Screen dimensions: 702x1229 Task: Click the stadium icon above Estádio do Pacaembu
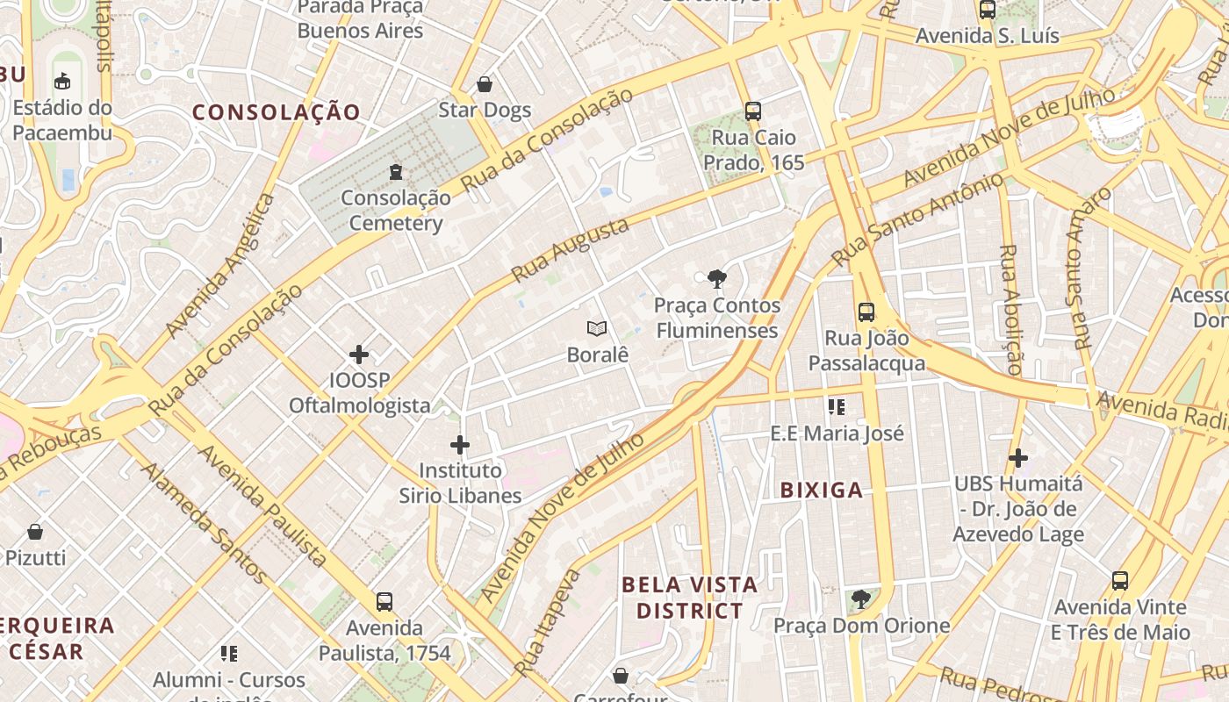[x=62, y=82]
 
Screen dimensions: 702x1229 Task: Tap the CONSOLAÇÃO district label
[x=277, y=112]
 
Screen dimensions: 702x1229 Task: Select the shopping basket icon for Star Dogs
[x=485, y=84]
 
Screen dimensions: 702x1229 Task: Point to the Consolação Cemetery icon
[x=396, y=171]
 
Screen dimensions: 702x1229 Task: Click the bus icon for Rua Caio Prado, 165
[x=752, y=111]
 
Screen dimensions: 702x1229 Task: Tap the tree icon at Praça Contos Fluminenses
[x=716, y=280]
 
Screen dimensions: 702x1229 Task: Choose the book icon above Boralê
[x=597, y=329]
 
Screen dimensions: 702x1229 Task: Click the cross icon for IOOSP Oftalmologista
[x=359, y=355]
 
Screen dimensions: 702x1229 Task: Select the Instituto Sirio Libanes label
[x=460, y=483]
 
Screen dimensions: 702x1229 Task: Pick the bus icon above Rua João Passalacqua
[x=866, y=312]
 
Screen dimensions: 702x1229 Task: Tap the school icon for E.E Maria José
[x=836, y=407]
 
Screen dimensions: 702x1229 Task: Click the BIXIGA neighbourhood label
[x=822, y=491]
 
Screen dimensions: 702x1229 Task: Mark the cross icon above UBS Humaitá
[x=1018, y=458]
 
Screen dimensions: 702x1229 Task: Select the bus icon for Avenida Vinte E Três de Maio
[x=1120, y=580]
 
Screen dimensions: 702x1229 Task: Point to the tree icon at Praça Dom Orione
[x=861, y=599]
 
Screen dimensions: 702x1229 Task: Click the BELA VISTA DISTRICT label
[x=689, y=598]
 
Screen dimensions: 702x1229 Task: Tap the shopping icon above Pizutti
[x=35, y=532]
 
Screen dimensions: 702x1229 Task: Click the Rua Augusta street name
[x=571, y=250]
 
